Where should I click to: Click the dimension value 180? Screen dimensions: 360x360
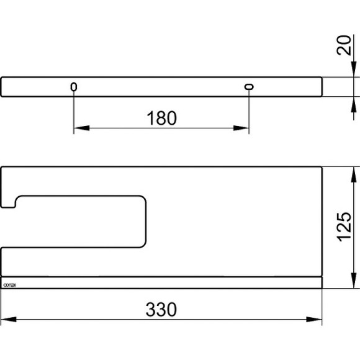161,117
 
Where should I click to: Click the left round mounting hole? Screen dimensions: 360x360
74,88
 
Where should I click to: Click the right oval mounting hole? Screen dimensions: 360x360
248,88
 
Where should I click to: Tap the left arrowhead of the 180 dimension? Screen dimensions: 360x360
79,129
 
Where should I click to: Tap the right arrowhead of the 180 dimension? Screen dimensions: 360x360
244,129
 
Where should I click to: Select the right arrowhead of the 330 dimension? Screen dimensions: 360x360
317,320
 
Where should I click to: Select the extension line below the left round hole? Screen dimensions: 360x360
74,112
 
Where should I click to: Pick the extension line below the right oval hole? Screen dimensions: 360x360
248,112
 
